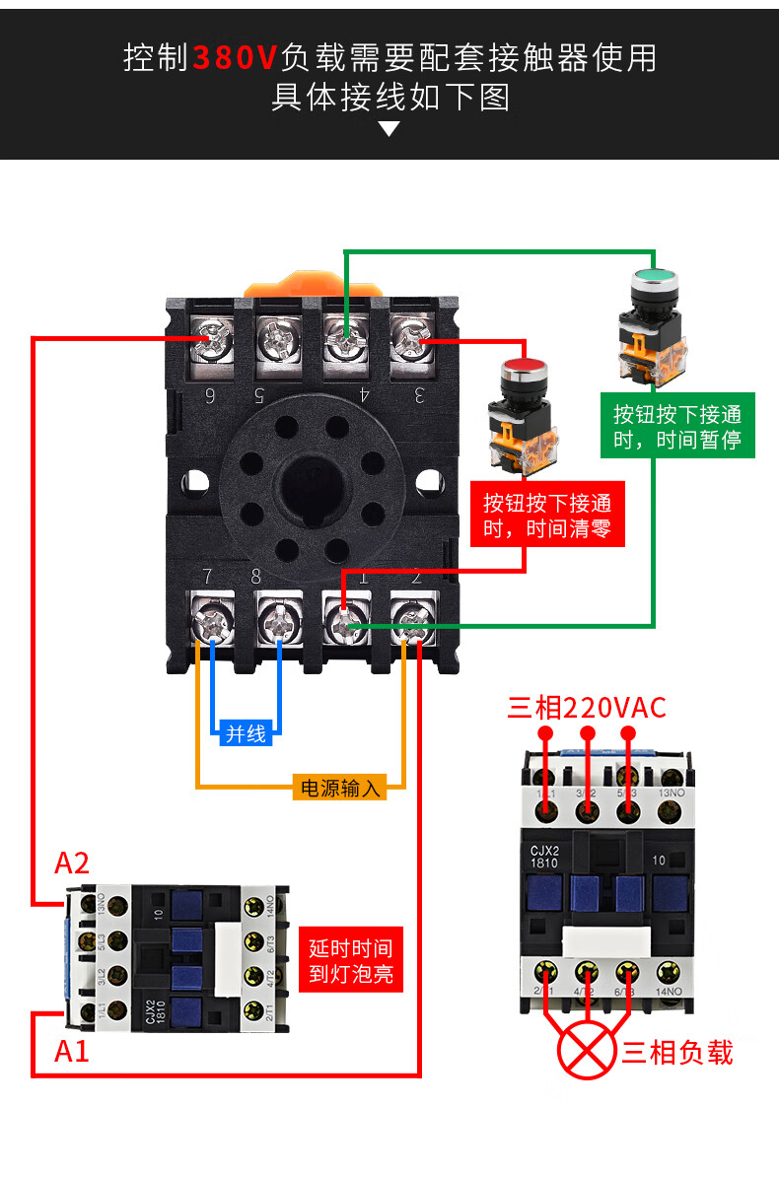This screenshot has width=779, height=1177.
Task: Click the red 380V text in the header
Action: click(x=236, y=57)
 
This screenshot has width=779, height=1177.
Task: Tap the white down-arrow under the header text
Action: click(x=389, y=128)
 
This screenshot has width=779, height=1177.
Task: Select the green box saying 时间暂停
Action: click(x=676, y=426)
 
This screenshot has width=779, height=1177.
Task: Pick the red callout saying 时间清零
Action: click(x=546, y=516)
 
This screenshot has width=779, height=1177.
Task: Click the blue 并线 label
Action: click(x=246, y=733)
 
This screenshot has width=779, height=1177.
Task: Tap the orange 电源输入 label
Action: click(x=340, y=788)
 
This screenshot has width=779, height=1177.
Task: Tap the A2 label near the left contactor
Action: click(x=72, y=864)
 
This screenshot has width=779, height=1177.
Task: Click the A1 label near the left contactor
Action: click(x=72, y=1051)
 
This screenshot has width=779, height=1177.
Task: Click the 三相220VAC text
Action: click(x=587, y=707)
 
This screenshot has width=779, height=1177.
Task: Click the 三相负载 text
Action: click(x=677, y=1052)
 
